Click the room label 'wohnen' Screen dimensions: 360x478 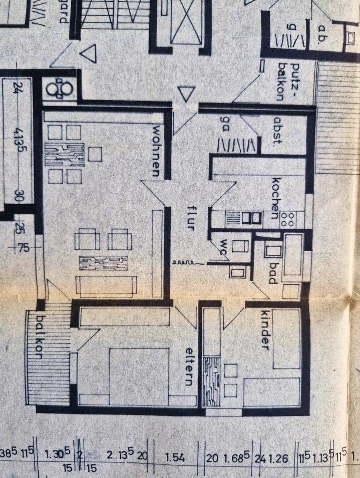pos(156,150)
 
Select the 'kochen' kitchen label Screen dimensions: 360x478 pos(275,198)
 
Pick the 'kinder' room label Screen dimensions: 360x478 pos(265,329)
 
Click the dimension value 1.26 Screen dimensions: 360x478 pos(278,456)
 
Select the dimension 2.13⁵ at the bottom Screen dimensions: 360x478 pos(120,454)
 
